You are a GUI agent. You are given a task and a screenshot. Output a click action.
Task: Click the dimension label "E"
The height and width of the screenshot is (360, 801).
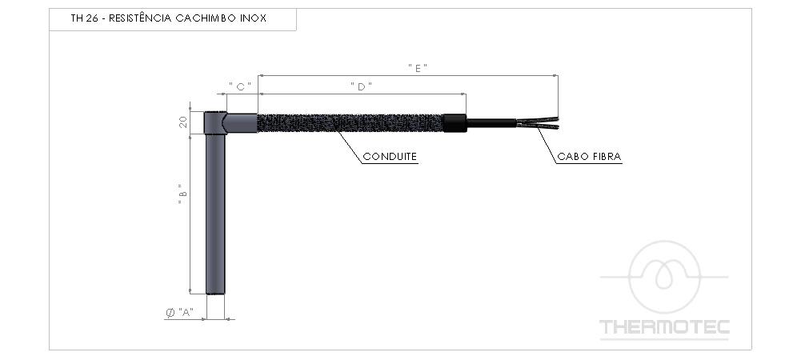tap(417, 68)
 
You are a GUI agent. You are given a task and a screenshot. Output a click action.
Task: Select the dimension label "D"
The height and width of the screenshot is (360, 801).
tap(362, 86)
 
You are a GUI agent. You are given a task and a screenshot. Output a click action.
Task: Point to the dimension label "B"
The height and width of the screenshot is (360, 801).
tap(182, 194)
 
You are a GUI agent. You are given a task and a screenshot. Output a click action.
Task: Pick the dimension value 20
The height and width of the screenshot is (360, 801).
tap(183, 122)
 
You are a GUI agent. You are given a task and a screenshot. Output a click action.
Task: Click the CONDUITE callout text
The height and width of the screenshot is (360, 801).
tap(390, 157)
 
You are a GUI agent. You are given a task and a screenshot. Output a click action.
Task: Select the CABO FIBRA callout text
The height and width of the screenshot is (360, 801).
tap(590, 157)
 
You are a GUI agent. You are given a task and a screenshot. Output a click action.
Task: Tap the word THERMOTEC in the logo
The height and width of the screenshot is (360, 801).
tap(665, 327)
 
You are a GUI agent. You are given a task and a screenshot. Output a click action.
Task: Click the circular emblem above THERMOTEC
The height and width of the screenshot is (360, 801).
tap(664, 277)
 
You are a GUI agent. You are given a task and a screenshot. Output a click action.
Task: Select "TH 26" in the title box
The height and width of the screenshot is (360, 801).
tap(82, 18)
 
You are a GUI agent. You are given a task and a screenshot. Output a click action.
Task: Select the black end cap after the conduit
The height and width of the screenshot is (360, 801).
tap(455, 122)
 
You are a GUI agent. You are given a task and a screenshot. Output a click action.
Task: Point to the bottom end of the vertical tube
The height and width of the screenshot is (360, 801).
tap(216, 292)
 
